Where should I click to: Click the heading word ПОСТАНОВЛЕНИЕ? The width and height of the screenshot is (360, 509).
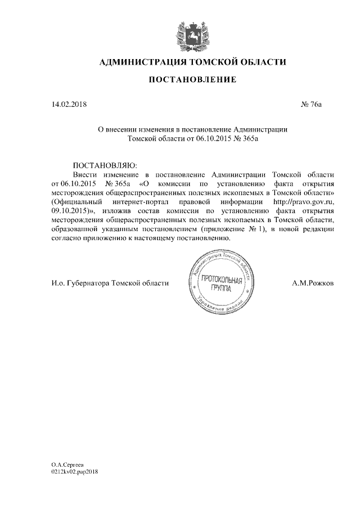tap(192, 80)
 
